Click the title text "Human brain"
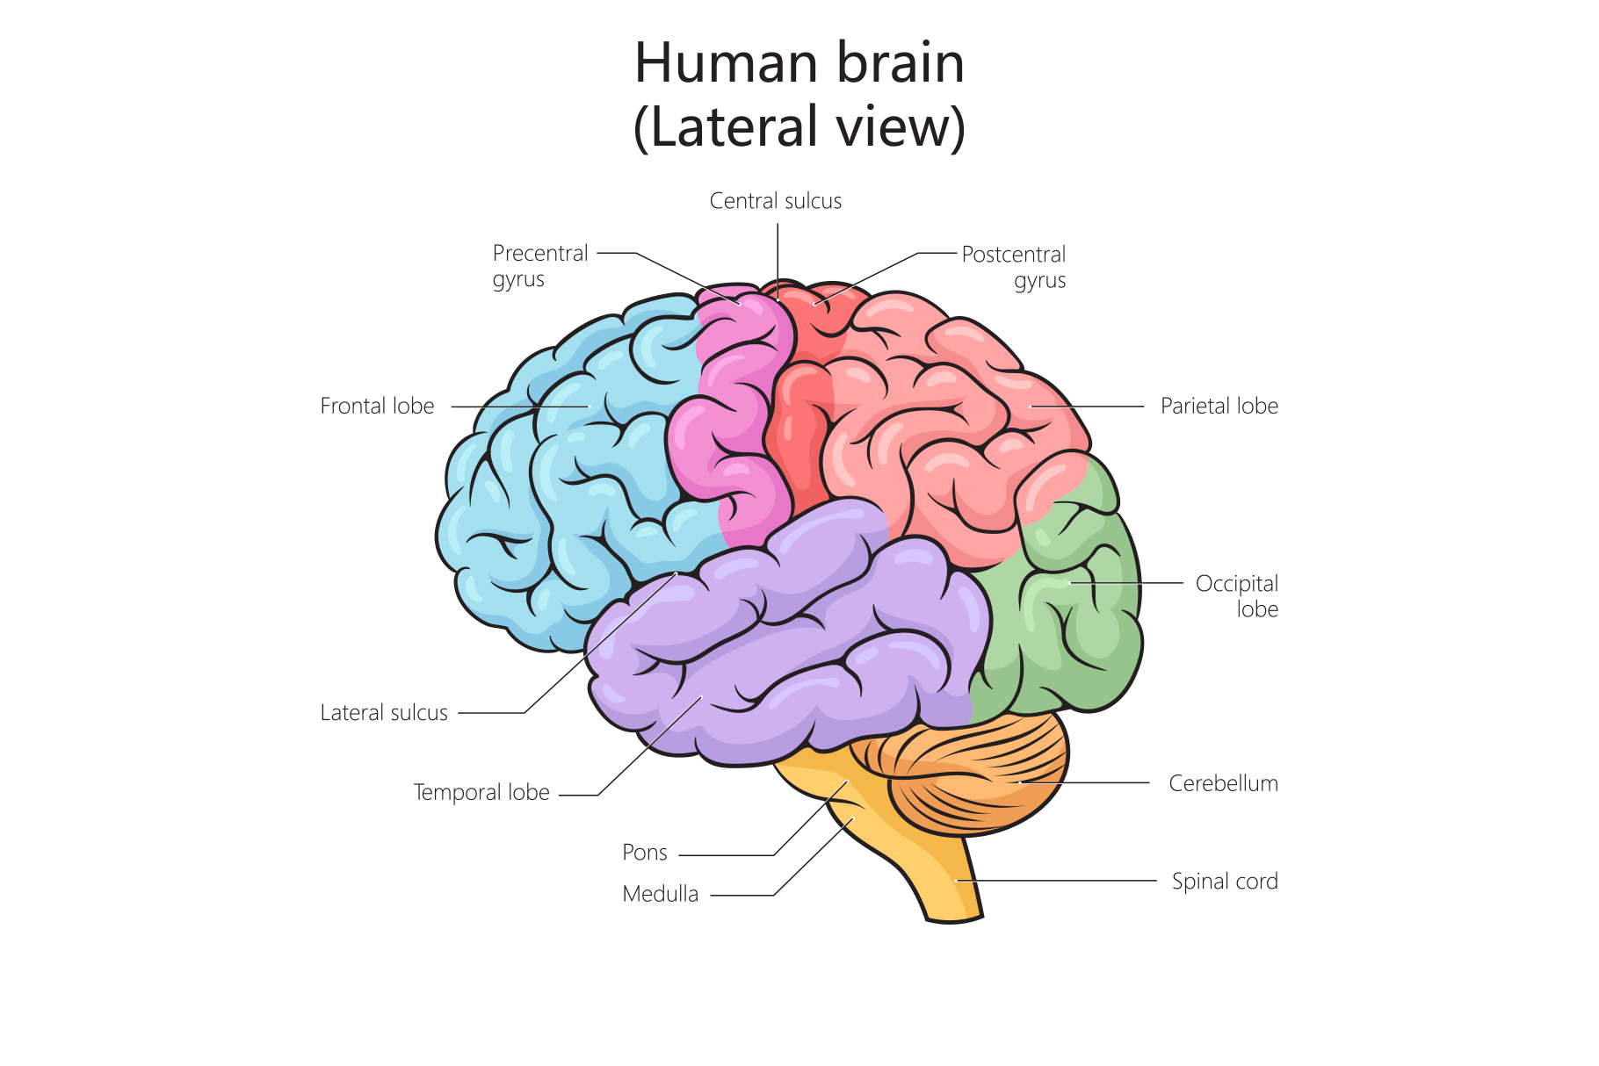(799, 63)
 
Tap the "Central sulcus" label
(775, 201)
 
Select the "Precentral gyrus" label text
(539, 265)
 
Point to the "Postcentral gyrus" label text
(1014, 267)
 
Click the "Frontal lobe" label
(377, 406)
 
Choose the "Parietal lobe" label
(1219, 406)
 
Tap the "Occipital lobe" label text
(1237, 595)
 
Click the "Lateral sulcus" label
(384, 712)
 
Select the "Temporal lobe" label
(481, 792)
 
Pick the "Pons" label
(644, 852)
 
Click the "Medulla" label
(660, 894)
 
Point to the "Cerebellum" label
(1223, 783)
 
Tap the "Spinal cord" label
(1224, 881)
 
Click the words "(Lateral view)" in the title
(799, 127)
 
